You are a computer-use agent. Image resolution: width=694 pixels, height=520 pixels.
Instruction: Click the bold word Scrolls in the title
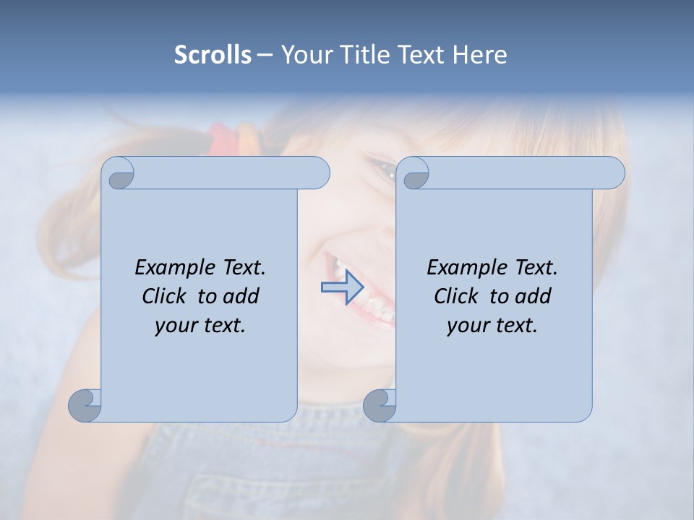point(213,54)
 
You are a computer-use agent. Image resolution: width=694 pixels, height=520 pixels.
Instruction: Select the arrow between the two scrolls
point(342,287)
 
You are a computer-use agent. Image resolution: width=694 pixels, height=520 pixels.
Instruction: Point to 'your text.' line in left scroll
point(200,325)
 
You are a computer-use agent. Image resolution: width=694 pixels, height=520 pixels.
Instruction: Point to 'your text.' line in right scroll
point(492,325)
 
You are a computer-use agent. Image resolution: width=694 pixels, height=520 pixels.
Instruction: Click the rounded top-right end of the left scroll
point(318,173)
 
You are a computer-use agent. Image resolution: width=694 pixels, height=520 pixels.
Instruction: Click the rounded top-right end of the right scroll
point(613,173)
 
